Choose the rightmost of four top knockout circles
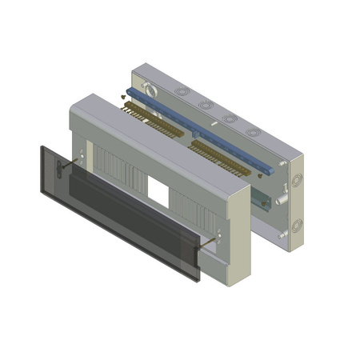point(255,131)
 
